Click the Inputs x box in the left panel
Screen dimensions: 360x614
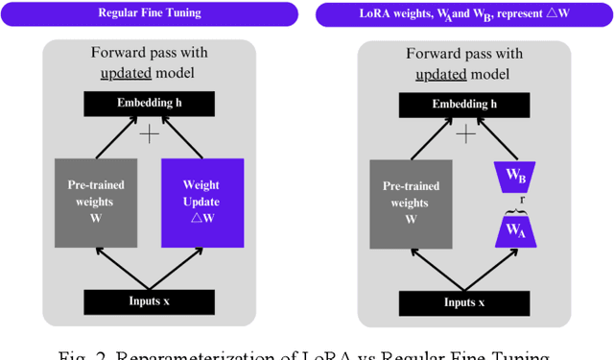coord(150,301)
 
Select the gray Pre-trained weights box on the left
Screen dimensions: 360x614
coord(95,201)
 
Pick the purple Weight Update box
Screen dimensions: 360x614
coord(202,201)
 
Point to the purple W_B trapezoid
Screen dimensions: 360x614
coord(514,177)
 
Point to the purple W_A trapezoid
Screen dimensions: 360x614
coord(514,230)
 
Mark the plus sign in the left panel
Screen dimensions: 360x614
coord(149,134)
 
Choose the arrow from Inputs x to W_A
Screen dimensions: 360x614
coord(489,269)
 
